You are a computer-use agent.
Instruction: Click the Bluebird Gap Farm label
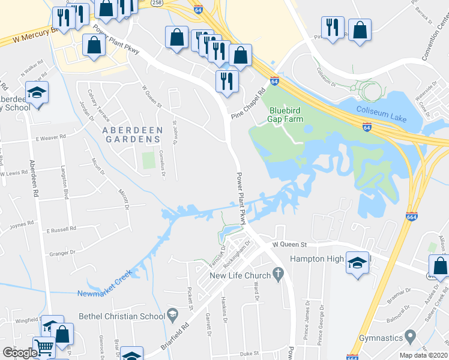pyautogui.click(x=286, y=115)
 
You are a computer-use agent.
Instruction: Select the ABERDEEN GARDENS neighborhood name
pyautogui.click(x=131, y=134)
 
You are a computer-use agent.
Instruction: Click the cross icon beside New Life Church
pyautogui.click(x=277, y=275)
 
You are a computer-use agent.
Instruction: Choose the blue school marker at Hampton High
pyautogui.click(x=357, y=262)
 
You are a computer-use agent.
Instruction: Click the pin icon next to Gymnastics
pyautogui.click(x=411, y=335)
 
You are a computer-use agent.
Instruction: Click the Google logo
pyautogui.click(x=19, y=353)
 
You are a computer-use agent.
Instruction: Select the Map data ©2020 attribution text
pyautogui.click(x=423, y=355)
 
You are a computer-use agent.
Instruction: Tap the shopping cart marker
pyautogui.click(x=43, y=345)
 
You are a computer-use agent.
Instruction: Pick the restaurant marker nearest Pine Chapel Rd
pyautogui.click(x=227, y=80)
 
